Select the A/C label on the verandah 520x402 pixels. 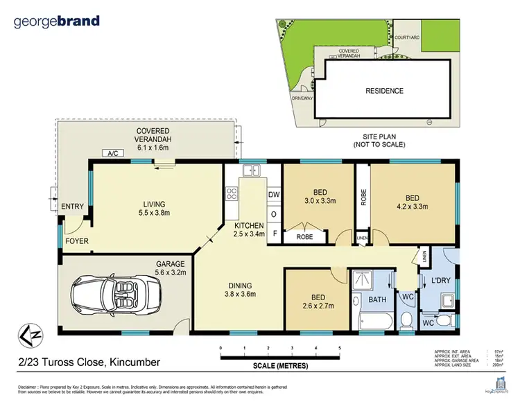111,152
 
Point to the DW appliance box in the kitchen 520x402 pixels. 273,195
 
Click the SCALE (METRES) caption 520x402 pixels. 280,365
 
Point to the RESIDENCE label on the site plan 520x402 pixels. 384,91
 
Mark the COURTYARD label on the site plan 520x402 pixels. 405,37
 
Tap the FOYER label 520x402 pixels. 76,241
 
